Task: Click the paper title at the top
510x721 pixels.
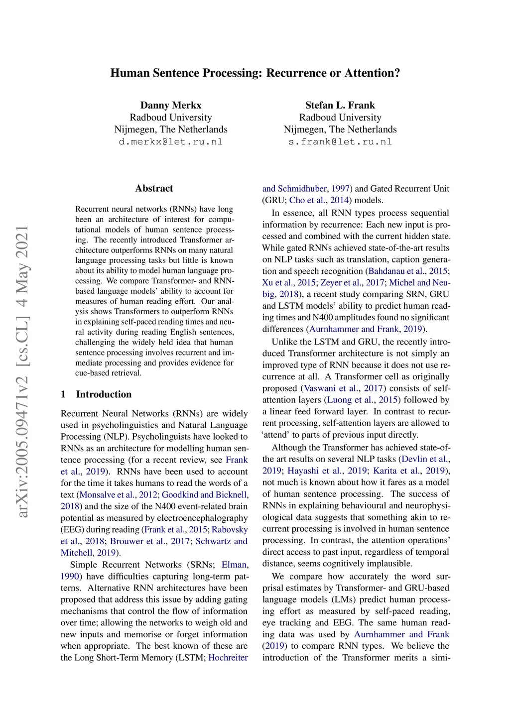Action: point(255,73)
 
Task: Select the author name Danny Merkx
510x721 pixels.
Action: point(171,105)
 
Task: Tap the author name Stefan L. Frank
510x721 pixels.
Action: point(340,105)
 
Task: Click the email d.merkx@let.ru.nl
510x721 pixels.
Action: point(171,142)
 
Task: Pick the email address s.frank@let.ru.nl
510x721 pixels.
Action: point(340,142)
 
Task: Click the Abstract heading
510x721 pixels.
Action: point(154,188)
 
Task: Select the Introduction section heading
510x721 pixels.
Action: point(104,394)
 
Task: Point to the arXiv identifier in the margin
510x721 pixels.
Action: point(22,371)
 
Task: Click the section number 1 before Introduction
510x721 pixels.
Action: point(63,394)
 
